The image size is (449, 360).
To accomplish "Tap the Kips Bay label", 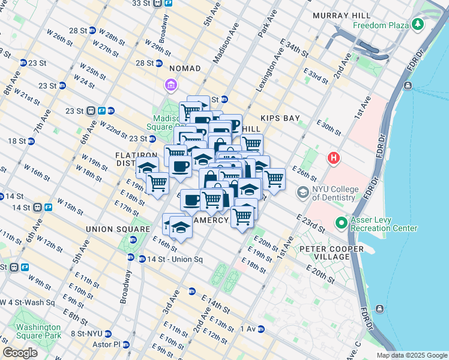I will pyautogui.click(x=280, y=119).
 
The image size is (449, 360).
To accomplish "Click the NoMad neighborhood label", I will pyautogui.click(x=185, y=68).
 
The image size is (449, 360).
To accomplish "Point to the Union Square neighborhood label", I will pyautogui.click(x=118, y=229).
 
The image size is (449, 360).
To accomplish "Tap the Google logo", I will pyautogui.click(x=20, y=353).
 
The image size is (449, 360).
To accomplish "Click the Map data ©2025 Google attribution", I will pyautogui.click(x=412, y=355).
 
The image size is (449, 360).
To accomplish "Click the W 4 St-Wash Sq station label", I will pyautogui.click(x=28, y=302).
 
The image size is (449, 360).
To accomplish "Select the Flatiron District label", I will pyautogui.click(x=128, y=159).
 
